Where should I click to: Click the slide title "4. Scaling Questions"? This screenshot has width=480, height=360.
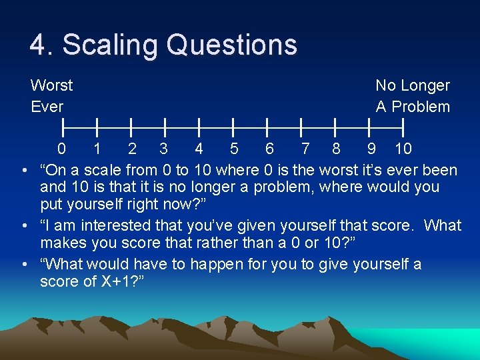pyautogui.click(x=163, y=45)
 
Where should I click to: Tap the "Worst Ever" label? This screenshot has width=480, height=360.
pyautogui.click(x=51, y=96)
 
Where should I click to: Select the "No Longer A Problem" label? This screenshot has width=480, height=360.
pyautogui.click(x=413, y=96)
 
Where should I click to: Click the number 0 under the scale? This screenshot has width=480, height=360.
pyautogui.click(x=61, y=149)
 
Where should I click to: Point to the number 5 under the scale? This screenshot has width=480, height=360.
pyautogui.click(x=233, y=149)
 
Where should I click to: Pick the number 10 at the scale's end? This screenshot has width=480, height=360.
pyautogui.click(x=403, y=149)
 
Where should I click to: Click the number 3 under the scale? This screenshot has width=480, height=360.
pyautogui.click(x=163, y=149)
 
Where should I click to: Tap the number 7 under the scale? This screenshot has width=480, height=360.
pyautogui.click(x=305, y=149)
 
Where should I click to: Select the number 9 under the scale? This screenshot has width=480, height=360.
pyautogui.click(x=371, y=149)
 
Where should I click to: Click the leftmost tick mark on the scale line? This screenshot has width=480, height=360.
pyautogui.click(x=63, y=125)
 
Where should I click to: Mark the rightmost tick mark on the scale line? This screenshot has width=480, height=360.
pyautogui.click(x=403, y=125)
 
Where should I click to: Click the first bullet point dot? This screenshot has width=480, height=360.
pyautogui.click(x=24, y=170)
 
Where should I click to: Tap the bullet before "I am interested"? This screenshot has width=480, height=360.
pyautogui.click(x=24, y=226)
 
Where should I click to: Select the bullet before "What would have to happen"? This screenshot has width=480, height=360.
pyautogui.click(x=24, y=264)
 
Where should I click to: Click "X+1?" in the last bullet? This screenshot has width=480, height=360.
pyautogui.click(x=119, y=282)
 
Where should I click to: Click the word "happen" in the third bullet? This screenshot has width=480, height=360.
pyautogui.click(x=217, y=264)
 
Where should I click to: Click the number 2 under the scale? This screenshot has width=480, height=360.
pyautogui.click(x=132, y=149)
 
